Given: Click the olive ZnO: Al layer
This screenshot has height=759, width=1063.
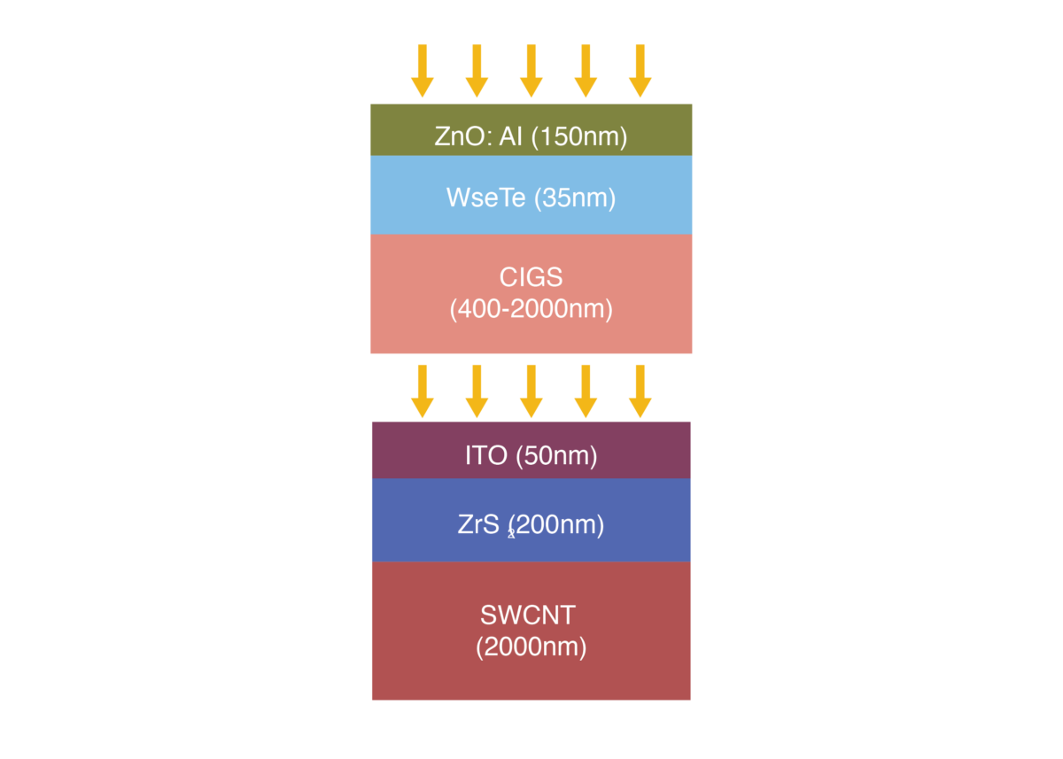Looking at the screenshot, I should coord(399,130).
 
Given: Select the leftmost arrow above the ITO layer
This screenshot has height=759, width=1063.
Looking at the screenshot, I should coord(423,390).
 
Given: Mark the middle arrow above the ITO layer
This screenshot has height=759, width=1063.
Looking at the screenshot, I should coord(531,390).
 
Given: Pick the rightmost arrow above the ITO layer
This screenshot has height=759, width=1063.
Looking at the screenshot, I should coord(640,390).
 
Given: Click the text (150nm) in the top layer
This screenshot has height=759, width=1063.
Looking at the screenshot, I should coord(579,137).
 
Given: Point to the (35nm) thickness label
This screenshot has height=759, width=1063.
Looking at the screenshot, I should coord(574,197).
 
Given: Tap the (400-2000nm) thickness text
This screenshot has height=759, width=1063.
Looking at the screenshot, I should coord(531,310).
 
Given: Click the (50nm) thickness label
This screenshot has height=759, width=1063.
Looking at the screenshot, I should coord(556,456).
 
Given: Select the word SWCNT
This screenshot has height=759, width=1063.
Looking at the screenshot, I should coord(531,614).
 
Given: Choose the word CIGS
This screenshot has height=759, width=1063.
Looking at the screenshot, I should coord(531,277).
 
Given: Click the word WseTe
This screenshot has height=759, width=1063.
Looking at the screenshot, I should coord(485,197).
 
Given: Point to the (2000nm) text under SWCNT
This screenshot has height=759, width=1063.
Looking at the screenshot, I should coord(531,647).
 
